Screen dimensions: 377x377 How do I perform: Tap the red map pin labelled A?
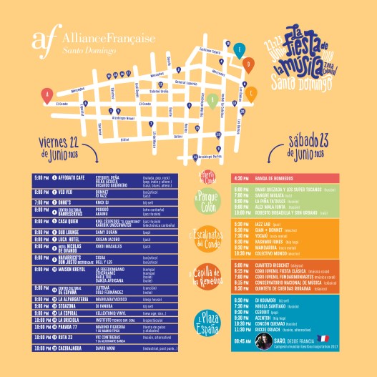click(47, 94)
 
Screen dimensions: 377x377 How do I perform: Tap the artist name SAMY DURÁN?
click(105, 232)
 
